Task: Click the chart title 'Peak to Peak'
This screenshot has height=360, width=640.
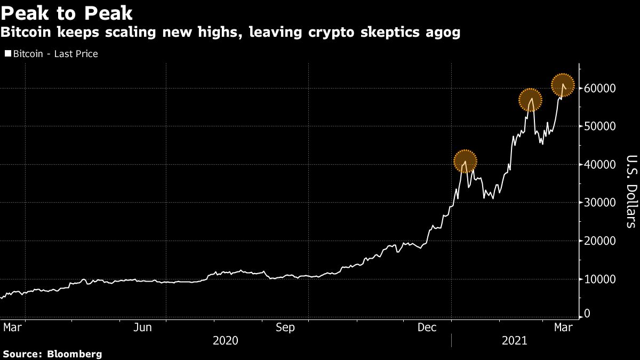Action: pyautogui.click(x=67, y=13)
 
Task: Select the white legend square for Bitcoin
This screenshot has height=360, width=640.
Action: pyautogui.click(x=7, y=54)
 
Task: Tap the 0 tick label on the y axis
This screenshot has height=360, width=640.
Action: pyautogui.click(x=588, y=315)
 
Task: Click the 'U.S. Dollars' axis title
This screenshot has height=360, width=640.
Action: pyautogui.click(x=630, y=191)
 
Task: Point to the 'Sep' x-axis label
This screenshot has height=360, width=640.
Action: pyautogui.click(x=285, y=327)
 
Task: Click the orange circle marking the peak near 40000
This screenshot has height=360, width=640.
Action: pyautogui.click(x=465, y=161)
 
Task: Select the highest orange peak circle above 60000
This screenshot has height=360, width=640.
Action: pyautogui.click(x=562, y=85)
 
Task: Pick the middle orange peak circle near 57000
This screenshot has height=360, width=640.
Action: pyautogui.click(x=530, y=100)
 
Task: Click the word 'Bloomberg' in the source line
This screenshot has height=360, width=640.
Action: pyautogui.click(x=75, y=354)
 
